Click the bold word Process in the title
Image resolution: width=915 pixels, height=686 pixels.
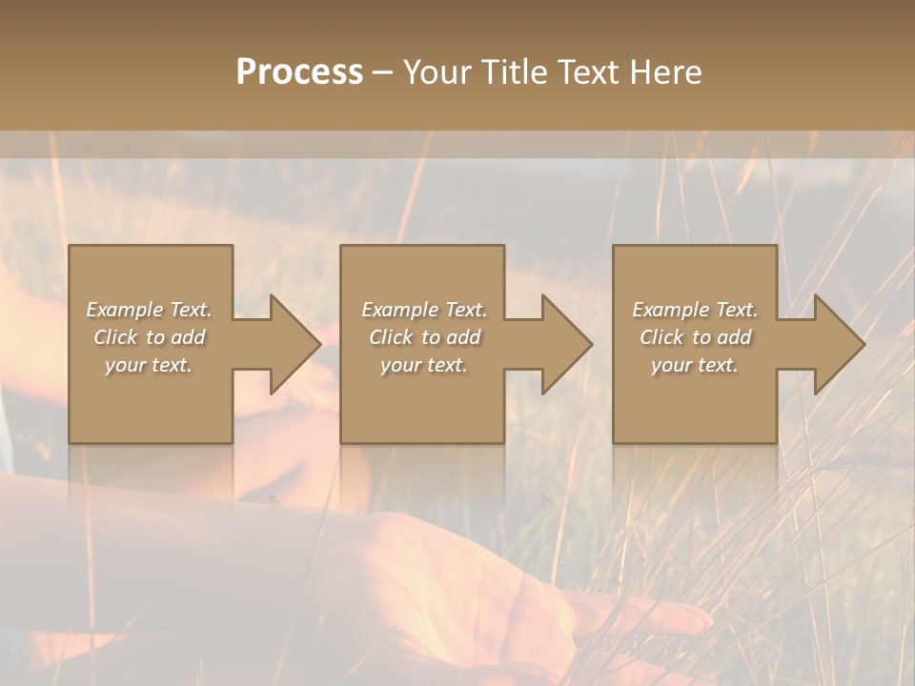(299, 72)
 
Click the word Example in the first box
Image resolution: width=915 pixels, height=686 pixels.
(124, 310)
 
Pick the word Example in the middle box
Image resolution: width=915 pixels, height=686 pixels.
(399, 310)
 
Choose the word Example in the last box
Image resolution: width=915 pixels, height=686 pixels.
(670, 310)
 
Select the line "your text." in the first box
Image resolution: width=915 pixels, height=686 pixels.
(149, 365)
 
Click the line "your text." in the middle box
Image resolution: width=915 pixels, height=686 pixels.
(424, 365)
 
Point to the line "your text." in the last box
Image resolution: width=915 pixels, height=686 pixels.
(695, 365)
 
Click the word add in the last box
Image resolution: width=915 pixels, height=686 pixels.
(734, 337)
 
